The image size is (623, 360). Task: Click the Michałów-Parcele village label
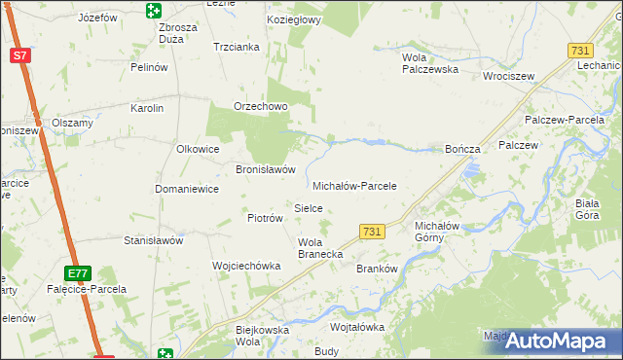[x=355, y=185]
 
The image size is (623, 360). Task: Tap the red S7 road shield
[x=20, y=55]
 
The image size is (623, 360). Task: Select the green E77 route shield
[x=80, y=273]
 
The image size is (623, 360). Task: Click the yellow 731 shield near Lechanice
[x=581, y=51]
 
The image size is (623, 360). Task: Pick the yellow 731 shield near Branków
[x=371, y=232]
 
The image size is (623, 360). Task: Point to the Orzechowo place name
[x=258, y=107]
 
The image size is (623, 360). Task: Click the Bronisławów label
[x=266, y=168]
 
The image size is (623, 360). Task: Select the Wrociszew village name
[x=510, y=75]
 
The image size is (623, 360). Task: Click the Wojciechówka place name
[x=246, y=266]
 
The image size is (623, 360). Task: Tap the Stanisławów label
[x=154, y=239]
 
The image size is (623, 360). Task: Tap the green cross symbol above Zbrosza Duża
[x=153, y=11]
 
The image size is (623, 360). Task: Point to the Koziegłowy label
[x=293, y=19]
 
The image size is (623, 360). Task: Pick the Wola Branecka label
[x=318, y=248]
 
